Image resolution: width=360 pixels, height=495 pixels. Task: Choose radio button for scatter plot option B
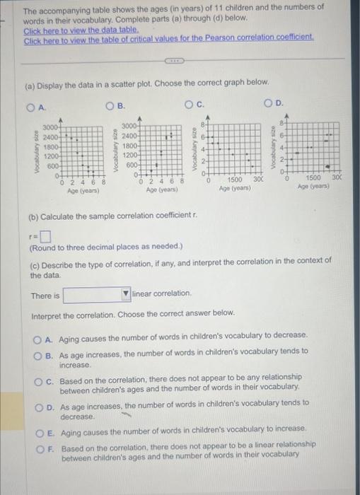[x=111, y=107]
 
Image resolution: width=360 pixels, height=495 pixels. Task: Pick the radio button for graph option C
[x=190, y=107]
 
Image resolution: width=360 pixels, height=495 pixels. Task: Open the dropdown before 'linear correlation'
[x=97, y=293]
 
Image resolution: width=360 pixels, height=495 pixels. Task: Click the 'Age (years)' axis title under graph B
[x=161, y=190]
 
